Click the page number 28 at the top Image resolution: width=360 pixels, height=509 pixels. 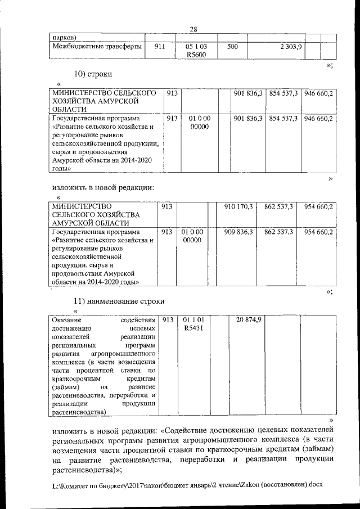[193, 30]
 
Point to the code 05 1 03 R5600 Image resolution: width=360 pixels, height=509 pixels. [196, 51]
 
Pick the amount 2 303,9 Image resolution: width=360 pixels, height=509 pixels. [291, 47]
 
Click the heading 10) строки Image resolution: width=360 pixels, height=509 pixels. [93, 74]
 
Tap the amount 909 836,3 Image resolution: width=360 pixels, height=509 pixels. [238, 231]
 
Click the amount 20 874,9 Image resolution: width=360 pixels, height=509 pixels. [249, 319]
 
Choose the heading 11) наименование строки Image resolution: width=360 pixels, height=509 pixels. [119, 301]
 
